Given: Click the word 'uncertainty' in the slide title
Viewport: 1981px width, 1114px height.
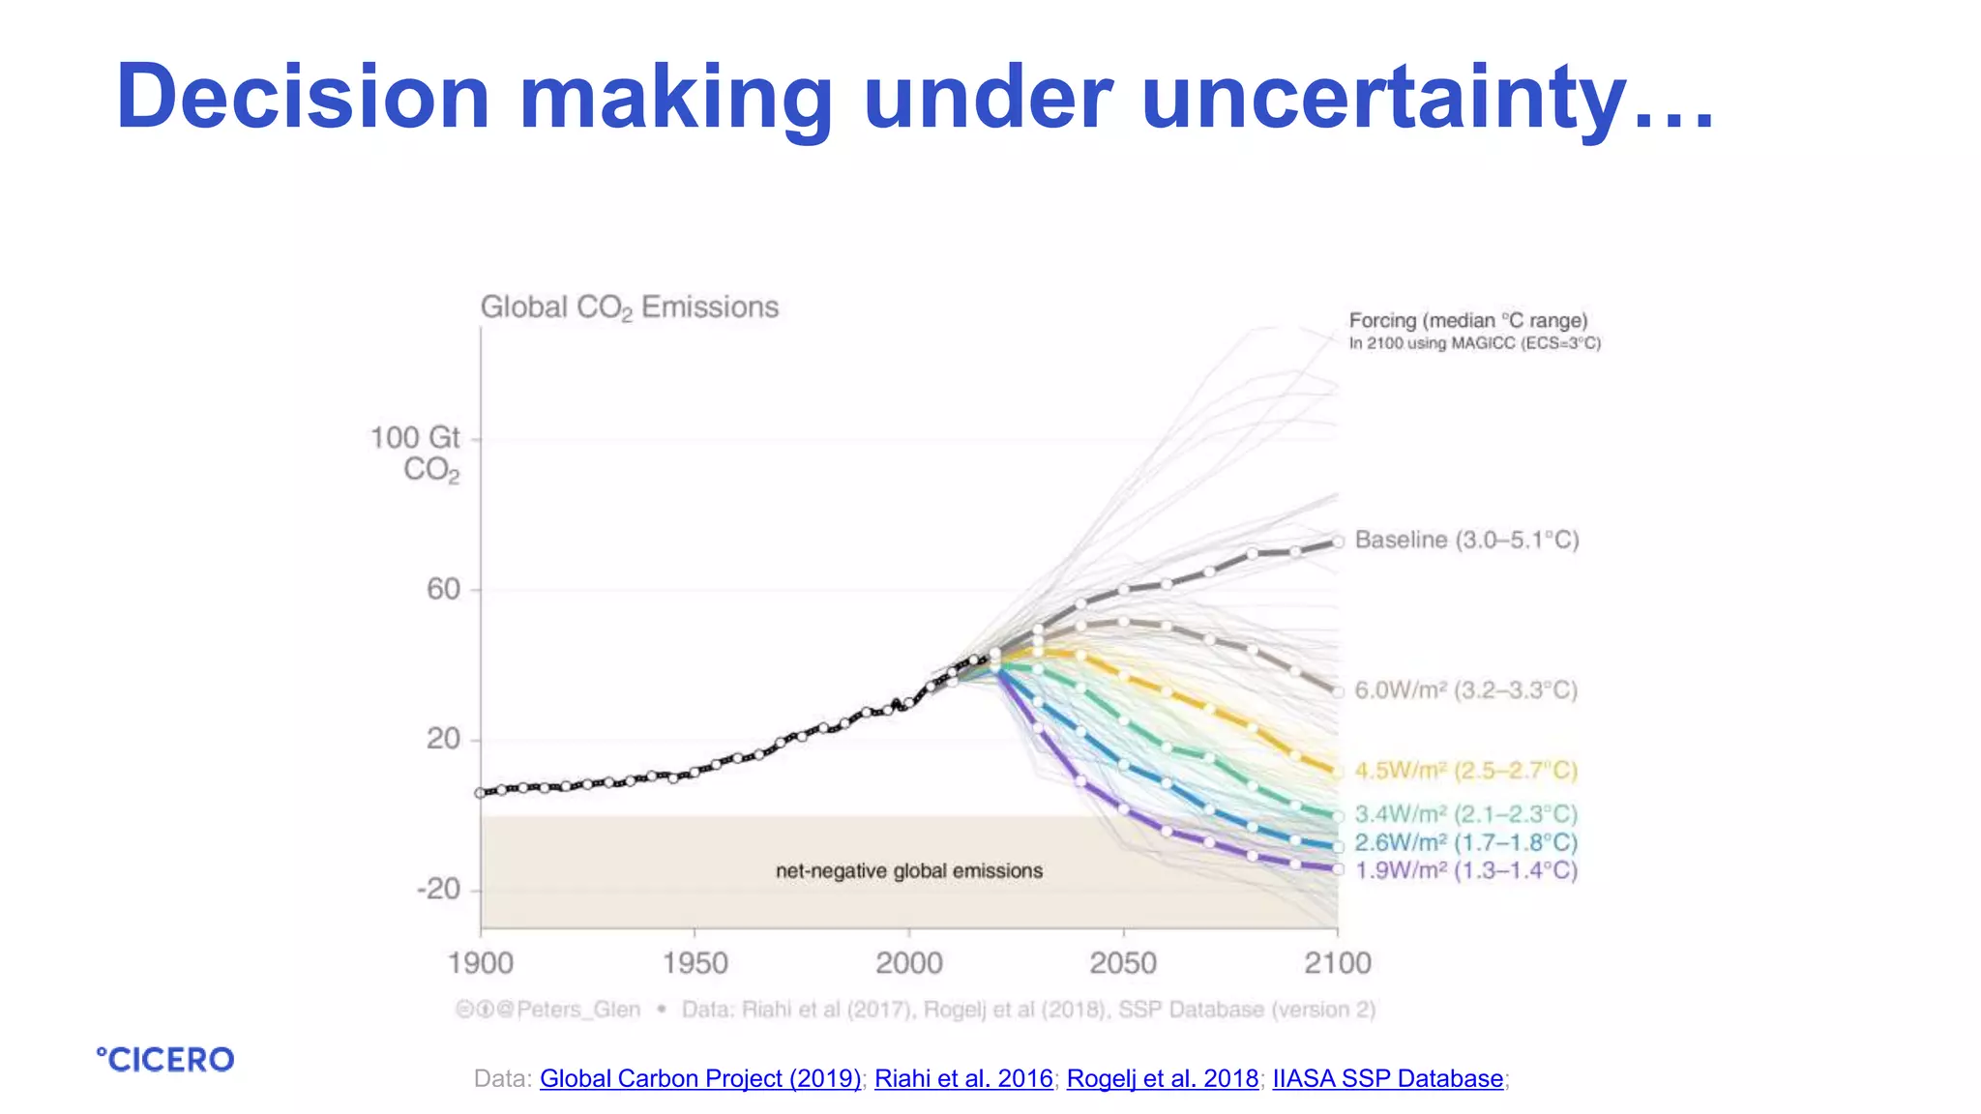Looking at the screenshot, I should tap(1383, 97).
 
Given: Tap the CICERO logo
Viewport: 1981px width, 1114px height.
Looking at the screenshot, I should tap(165, 1060).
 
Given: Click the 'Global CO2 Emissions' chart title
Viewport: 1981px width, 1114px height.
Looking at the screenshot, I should tap(629, 308).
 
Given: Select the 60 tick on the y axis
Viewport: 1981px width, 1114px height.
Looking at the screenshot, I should tap(444, 589).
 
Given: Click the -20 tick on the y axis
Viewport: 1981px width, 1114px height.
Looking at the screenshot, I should tap(438, 889).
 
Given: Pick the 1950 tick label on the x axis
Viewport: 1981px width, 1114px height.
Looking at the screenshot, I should tap(695, 963).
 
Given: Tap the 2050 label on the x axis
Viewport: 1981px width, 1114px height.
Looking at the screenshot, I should tap(1123, 963).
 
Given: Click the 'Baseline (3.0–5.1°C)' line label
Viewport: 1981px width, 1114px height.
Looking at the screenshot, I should tap(1466, 540).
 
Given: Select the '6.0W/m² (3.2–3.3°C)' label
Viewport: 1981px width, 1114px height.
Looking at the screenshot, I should tap(1465, 690).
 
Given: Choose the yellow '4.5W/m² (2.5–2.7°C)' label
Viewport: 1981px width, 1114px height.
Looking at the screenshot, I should tap(1465, 771).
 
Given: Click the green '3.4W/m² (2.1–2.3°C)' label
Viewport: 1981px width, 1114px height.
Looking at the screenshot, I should tap(1465, 814).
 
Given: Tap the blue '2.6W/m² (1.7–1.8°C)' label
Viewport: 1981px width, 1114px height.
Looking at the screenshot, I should tap(1465, 842).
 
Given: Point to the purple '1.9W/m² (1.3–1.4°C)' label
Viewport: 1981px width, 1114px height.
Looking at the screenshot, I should tap(1465, 870).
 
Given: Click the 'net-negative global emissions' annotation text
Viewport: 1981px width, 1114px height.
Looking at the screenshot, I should tap(909, 871).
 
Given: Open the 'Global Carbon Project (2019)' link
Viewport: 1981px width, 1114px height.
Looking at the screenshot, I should tap(700, 1078).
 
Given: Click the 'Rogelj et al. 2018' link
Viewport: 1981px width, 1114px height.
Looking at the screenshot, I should tap(1163, 1078).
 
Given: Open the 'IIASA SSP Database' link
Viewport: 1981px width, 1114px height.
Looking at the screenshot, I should tap(1388, 1078).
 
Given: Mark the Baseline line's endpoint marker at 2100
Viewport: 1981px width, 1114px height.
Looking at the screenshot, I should tap(1339, 542).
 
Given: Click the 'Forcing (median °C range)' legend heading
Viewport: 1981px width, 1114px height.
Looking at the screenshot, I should tap(1468, 321).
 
